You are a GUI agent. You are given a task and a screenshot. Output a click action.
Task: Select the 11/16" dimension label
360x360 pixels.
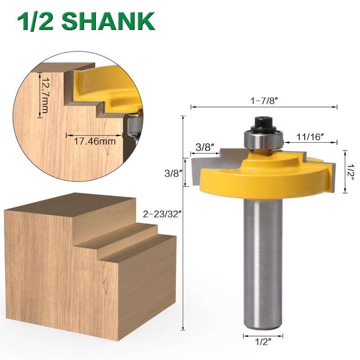coord(310,137)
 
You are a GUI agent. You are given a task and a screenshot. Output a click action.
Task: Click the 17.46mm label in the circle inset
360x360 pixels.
coord(94,141)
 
